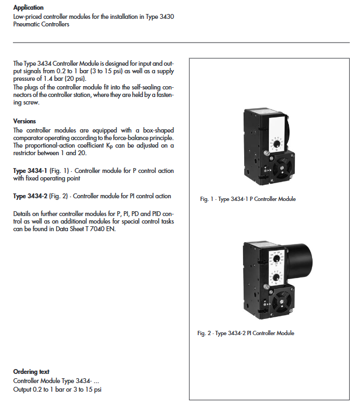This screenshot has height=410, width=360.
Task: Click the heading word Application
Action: point(28,8)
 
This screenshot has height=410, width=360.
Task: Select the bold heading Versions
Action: point(25,121)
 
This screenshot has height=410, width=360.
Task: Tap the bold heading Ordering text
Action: point(31,372)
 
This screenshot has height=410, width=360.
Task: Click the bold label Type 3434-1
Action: point(30,171)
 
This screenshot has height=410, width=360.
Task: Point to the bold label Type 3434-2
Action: point(30,196)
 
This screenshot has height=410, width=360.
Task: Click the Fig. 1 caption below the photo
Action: point(248,199)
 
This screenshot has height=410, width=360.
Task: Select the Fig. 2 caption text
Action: point(246,333)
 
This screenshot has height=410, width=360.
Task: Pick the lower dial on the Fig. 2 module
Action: point(276,277)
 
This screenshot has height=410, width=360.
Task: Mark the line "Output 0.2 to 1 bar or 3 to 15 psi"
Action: point(57,390)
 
